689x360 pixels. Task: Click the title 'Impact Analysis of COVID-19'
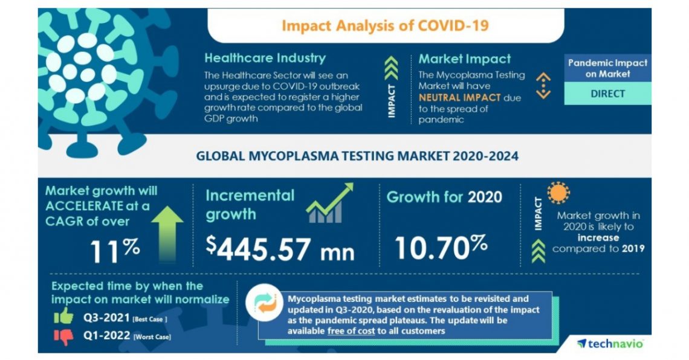pos(385,25)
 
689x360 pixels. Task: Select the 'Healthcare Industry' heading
pos(265,59)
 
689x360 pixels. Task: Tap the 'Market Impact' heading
pos(464,59)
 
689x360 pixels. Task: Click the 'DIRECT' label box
pos(607,94)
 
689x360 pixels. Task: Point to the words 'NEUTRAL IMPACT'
pos(460,97)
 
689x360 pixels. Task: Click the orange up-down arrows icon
pos(543,86)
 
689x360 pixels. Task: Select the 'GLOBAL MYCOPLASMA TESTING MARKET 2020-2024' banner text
pos(357,156)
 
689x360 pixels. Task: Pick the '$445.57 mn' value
pos(280,248)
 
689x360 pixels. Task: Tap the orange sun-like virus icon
pos(558,192)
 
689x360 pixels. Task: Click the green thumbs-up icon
pos(62,316)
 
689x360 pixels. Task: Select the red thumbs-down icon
pos(62,336)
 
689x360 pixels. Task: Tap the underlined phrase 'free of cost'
pos(351,331)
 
